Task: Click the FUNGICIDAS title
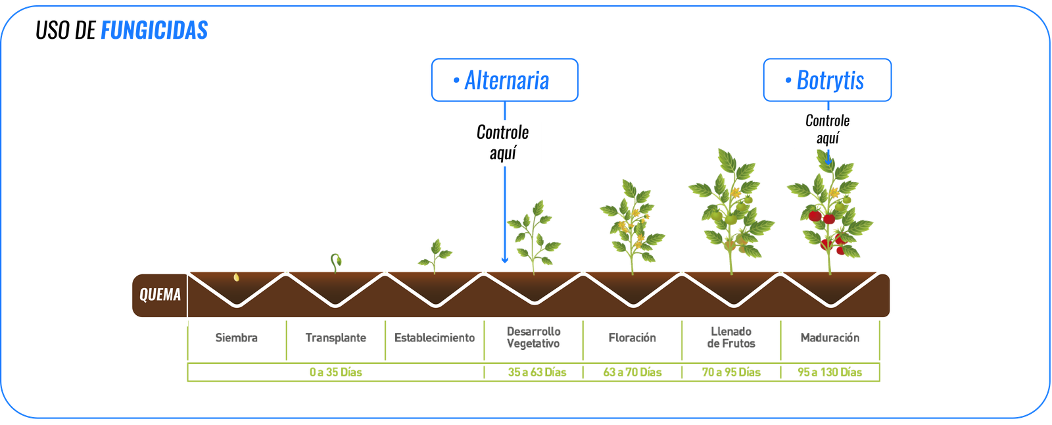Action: click(154, 30)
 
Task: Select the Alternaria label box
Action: click(504, 80)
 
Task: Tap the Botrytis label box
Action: click(826, 80)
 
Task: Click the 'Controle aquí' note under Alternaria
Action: click(502, 143)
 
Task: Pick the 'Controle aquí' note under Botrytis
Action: click(827, 130)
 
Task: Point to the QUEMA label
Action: click(160, 295)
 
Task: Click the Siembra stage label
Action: click(237, 338)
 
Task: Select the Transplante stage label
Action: click(335, 338)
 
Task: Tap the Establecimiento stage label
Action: click(435, 338)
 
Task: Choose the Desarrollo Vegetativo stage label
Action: click(533, 337)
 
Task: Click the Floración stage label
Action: click(632, 338)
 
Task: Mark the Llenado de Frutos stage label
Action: click(731, 337)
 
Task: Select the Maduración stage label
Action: click(830, 338)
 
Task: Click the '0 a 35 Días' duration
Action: click(335, 372)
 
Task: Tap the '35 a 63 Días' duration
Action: click(537, 372)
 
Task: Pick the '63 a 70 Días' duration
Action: click(632, 372)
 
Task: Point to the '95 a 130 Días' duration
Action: click(829, 372)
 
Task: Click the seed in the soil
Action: click(237, 278)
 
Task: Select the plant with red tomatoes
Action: click(830, 211)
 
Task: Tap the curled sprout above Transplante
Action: click(336, 261)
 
